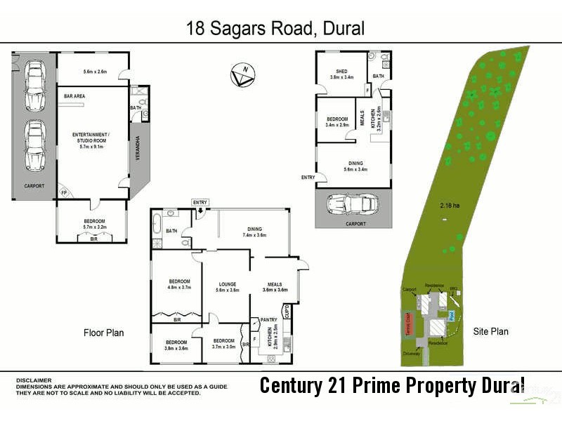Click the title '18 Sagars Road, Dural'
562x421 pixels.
click(x=275, y=29)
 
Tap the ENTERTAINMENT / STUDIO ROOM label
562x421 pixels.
click(x=91, y=138)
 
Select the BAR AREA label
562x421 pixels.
click(x=74, y=95)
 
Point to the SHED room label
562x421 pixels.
click(x=341, y=74)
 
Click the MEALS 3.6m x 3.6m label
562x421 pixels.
click(x=275, y=287)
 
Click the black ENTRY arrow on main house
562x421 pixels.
click(x=200, y=210)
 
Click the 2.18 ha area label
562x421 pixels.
click(x=449, y=206)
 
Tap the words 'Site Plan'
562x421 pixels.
click(x=490, y=331)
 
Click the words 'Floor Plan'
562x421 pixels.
click(x=103, y=332)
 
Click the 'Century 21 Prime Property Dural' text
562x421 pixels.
click(x=391, y=385)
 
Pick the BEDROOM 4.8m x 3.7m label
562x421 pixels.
click(x=179, y=284)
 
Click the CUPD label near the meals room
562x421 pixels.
click(x=287, y=311)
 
